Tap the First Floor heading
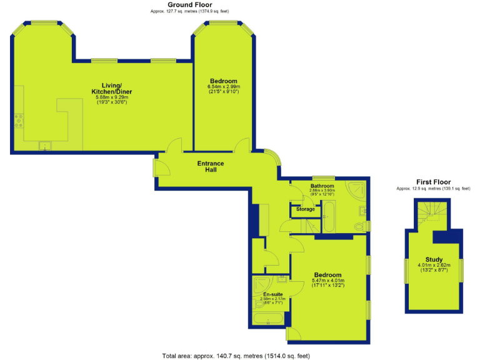tap(432, 182)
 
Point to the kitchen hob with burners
tap(19, 120)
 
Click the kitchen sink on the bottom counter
tap(46, 146)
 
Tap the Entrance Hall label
tap(211, 167)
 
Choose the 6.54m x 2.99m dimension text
tap(224, 87)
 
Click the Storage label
tap(306, 209)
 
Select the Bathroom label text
tap(322, 186)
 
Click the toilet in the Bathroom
tap(360, 226)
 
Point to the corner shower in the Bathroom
tap(358, 190)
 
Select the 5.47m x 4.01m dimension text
tap(328, 281)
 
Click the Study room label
tap(434, 259)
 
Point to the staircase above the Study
tap(431, 212)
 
